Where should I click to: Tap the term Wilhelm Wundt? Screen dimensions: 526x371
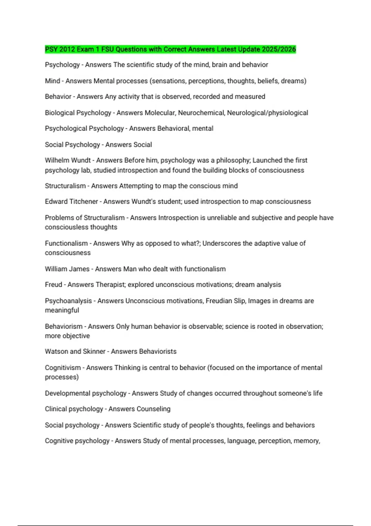pos(67,160)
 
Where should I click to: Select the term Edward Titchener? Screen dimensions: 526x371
pos(71,201)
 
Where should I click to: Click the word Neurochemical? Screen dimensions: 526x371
pos(201,113)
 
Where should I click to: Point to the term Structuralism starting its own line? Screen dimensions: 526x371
pos(65,186)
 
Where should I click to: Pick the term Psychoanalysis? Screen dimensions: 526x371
pos(68,301)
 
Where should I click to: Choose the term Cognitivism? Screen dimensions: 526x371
pos(63,368)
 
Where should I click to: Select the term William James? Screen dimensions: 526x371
pos(67,269)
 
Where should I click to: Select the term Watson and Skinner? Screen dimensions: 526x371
pos(75,351)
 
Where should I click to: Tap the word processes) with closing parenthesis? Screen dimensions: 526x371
pos(62,377)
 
